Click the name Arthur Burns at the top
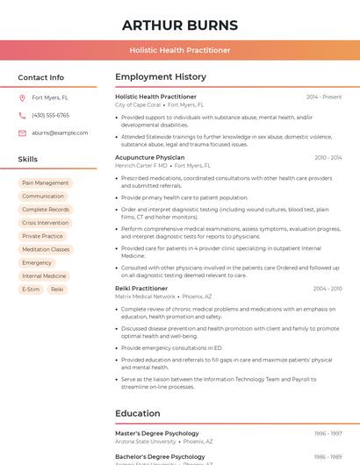180,25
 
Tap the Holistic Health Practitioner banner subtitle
180,50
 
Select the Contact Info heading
41,77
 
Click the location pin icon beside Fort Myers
22,97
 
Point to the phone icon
22,115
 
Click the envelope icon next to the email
22,133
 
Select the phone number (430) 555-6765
50,115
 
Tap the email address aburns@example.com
60,133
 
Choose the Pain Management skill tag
46,183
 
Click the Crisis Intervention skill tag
46,223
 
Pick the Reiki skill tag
57,289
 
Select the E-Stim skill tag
31,289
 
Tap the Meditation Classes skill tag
46,249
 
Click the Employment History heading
161,77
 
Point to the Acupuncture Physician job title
150,157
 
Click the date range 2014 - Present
324,97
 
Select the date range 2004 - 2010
328,289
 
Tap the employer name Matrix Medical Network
146,297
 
